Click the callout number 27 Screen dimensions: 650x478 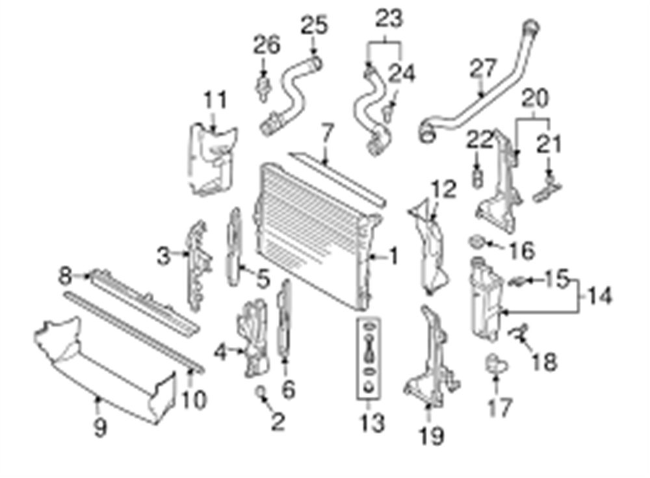tap(483, 69)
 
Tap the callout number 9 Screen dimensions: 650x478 tap(100, 427)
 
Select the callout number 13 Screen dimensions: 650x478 tap(372, 423)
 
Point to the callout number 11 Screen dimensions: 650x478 tap(216, 100)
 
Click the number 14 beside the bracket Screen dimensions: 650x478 tap(599, 296)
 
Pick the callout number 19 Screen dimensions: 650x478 tap(432, 435)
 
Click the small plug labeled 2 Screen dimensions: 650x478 tap(261, 390)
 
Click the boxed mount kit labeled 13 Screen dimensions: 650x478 tap(368, 359)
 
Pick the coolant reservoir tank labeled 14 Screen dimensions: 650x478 tap(486, 299)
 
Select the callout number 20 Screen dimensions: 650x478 tap(535, 98)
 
